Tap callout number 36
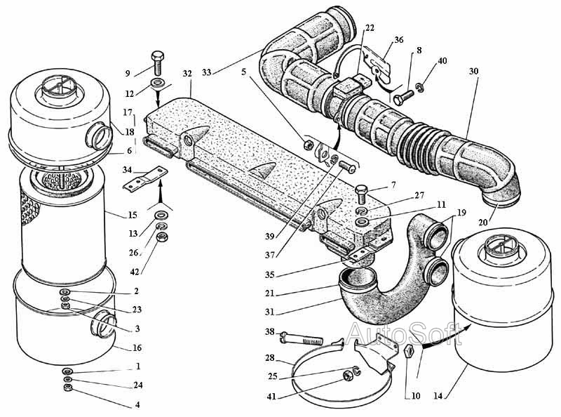(x=398, y=40)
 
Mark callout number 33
(x=207, y=72)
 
